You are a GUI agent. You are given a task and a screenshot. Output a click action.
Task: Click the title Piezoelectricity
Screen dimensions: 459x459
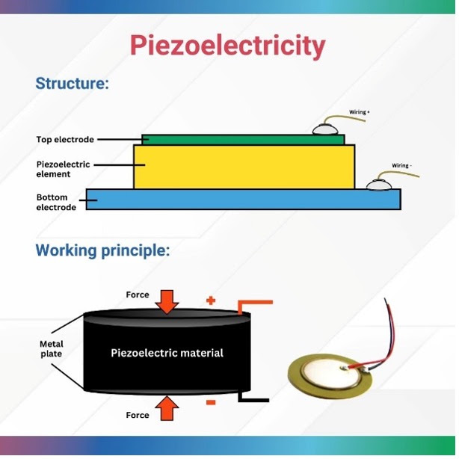tap(228, 46)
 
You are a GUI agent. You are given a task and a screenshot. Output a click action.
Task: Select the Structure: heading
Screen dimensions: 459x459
tap(73, 83)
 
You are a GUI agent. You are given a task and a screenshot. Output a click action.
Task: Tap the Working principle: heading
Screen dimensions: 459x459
tap(102, 250)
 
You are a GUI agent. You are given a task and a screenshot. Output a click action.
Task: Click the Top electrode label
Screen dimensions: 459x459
tap(65, 140)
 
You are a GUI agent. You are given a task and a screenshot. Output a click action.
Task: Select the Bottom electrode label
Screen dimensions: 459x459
tap(56, 203)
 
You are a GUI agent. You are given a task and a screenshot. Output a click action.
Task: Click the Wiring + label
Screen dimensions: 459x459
tap(360, 112)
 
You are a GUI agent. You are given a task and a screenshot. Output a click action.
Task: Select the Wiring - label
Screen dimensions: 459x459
tap(402, 165)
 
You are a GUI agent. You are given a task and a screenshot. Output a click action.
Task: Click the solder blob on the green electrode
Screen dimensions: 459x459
tap(327, 129)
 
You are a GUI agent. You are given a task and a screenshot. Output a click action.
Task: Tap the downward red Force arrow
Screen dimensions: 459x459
tap(167, 301)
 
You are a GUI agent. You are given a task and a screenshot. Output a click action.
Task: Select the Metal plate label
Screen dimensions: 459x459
tap(52, 349)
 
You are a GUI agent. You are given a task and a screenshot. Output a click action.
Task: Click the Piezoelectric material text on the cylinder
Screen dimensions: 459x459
tap(167, 353)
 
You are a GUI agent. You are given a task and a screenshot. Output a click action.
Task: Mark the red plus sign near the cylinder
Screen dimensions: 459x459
tap(211, 301)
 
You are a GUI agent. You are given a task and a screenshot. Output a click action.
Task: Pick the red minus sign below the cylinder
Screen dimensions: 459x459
tap(211, 403)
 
